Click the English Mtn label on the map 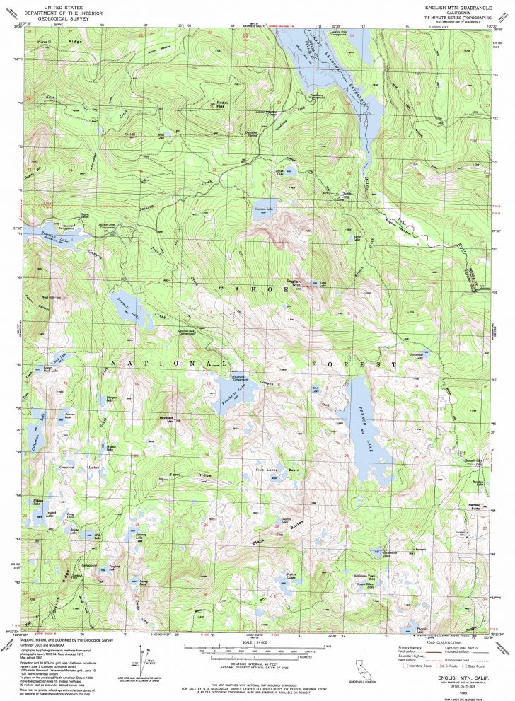[292, 283]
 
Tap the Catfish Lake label [279, 170]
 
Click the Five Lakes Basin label [287, 469]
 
